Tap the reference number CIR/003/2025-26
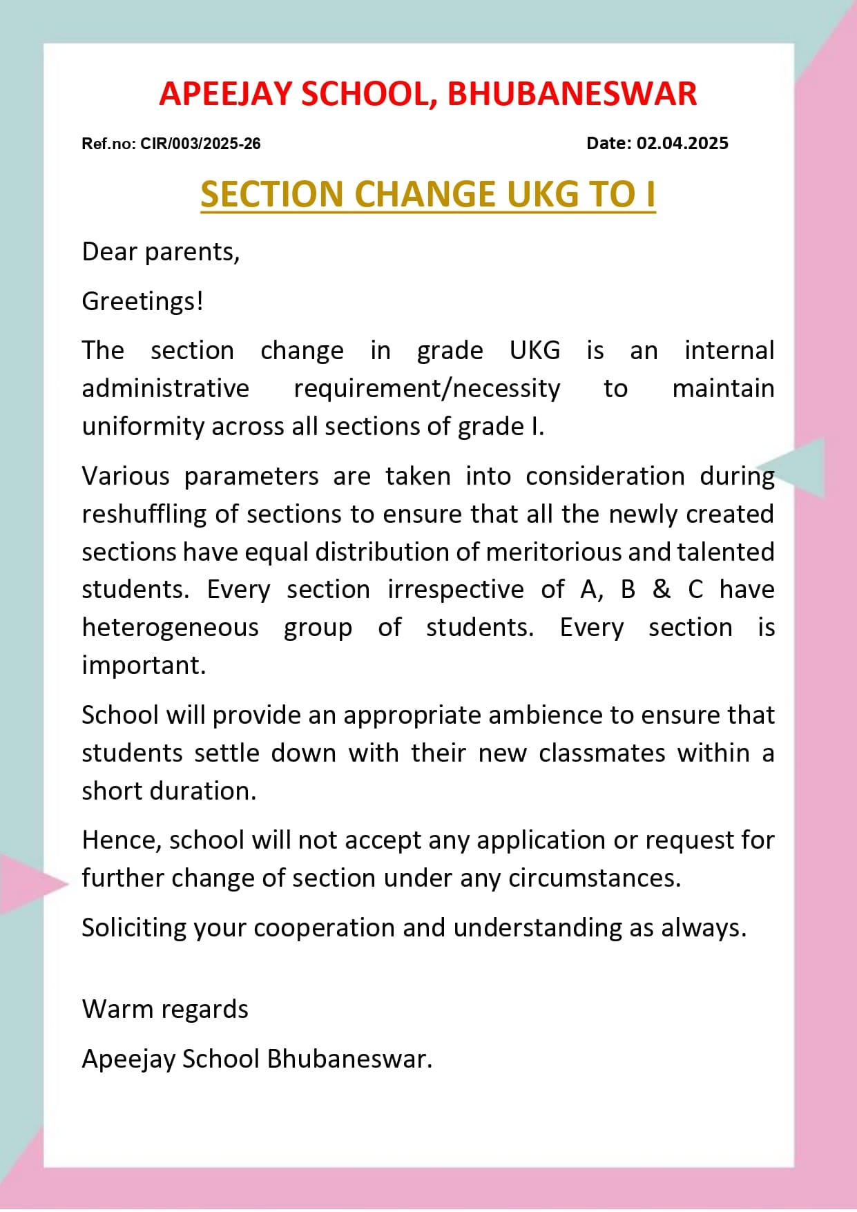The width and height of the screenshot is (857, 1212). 200,144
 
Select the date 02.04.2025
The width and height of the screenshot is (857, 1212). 682,143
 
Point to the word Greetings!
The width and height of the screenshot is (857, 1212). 142,301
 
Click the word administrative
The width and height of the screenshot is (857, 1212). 165,388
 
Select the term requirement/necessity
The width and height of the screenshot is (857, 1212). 427,388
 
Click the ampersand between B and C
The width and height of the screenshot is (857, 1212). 661,589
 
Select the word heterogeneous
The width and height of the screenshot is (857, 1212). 170,627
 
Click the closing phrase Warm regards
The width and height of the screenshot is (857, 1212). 165,1009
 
